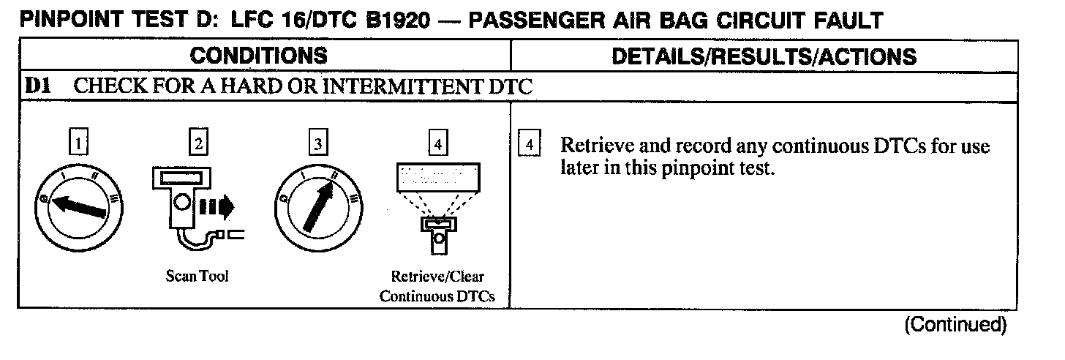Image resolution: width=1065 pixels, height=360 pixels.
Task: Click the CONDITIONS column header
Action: tap(259, 56)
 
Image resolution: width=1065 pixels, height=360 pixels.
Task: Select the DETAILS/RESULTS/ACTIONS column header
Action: tap(764, 56)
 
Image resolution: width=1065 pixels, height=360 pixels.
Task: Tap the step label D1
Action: tap(37, 86)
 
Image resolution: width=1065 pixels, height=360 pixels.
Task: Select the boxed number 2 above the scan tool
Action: tap(197, 144)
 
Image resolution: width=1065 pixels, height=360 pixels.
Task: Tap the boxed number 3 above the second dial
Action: tap(317, 144)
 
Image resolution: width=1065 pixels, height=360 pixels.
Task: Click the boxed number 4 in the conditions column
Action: tap(437, 144)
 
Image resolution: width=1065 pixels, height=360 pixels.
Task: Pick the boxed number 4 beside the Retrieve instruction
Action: tap(529, 143)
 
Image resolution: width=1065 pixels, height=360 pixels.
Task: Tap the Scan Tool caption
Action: tap(197, 277)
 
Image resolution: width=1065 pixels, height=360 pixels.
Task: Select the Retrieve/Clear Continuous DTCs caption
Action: tap(437, 287)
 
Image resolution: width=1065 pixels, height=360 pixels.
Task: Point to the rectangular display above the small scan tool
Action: tap(437, 177)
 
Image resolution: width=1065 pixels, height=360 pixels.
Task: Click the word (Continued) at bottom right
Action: tap(955, 325)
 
